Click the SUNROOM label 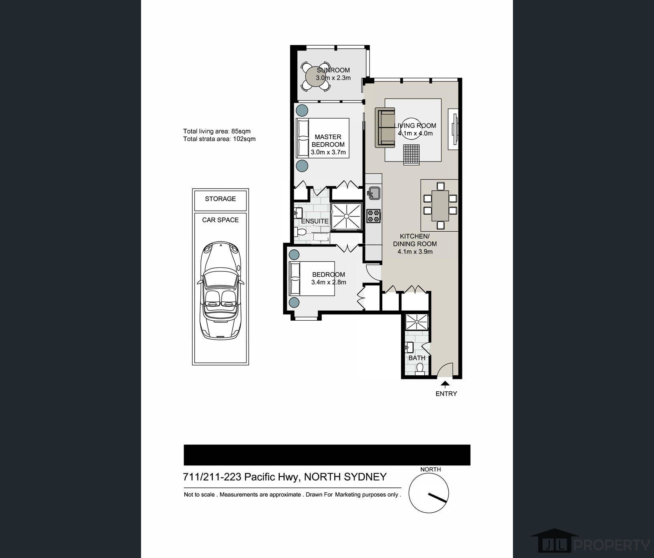point(333,70)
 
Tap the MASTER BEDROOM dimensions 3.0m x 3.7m point(328,152)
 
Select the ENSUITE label point(315,221)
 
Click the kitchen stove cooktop point(373,216)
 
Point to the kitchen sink point(373,193)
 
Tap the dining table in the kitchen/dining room point(440,206)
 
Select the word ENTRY point(446,394)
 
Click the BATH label point(417,358)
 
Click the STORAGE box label point(220,199)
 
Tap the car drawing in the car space point(220,290)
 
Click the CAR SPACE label point(220,220)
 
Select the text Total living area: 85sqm point(217,131)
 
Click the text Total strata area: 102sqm point(219,139)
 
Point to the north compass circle point(429,493)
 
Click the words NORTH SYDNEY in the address point(345,477)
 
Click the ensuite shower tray point(346,216)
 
